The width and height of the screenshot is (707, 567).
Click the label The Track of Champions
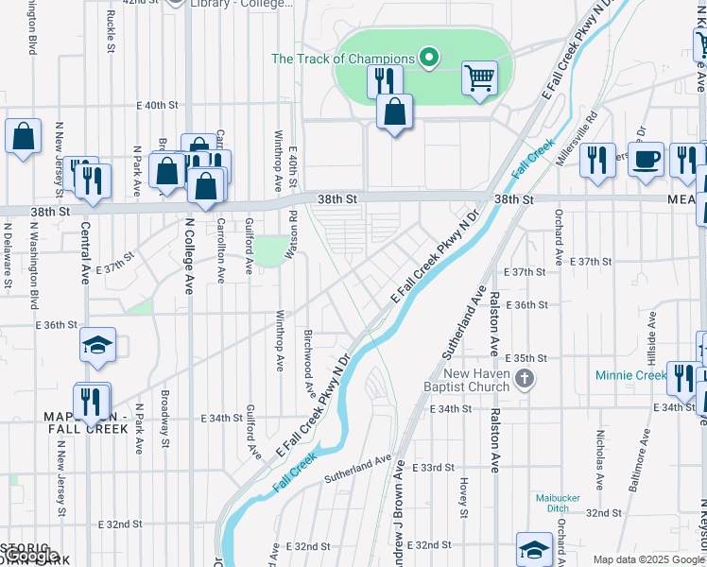(x=342, y=59)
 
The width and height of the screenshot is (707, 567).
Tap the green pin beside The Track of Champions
(x=429, y=59)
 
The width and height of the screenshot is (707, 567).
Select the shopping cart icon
(x=480, y=77)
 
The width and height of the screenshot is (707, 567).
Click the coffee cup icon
(x=647, y=159)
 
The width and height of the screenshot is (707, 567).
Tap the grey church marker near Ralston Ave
(x=526, y=380)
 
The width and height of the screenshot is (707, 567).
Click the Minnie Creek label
(x=630, y=375)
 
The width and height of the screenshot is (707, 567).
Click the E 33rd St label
(x=437, y=468)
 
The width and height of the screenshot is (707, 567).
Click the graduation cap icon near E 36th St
(x=96, y=347)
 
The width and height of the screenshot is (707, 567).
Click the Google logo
(x=30, y=557)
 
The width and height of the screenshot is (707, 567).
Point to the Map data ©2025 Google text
(x=648, y=559)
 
